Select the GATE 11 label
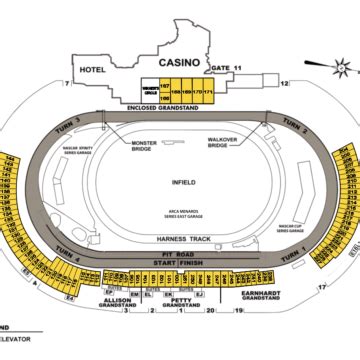pos(227,69)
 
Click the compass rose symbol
pos(340,69)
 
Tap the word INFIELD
pos(182,184)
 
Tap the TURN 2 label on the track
pos(293,124)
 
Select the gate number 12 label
pos(284,85)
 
